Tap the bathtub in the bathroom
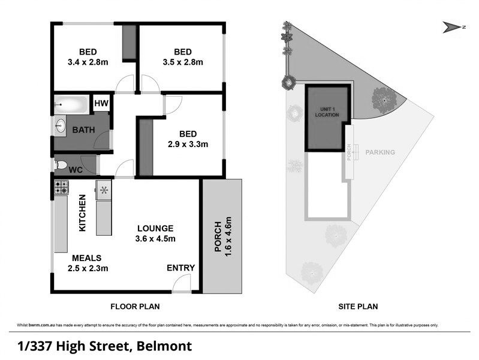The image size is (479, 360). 71,106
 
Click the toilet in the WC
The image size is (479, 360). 61,165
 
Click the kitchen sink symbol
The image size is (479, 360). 104,190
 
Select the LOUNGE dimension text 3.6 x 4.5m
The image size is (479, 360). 155,239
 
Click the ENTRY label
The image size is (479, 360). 179,268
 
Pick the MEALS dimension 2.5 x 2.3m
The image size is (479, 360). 88,268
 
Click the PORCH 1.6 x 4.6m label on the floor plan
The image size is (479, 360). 222,237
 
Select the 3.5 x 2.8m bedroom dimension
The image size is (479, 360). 183,62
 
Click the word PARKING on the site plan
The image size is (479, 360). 380,152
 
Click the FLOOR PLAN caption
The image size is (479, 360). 135,307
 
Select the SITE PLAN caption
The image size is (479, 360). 360,307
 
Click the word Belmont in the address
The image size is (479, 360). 164,346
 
